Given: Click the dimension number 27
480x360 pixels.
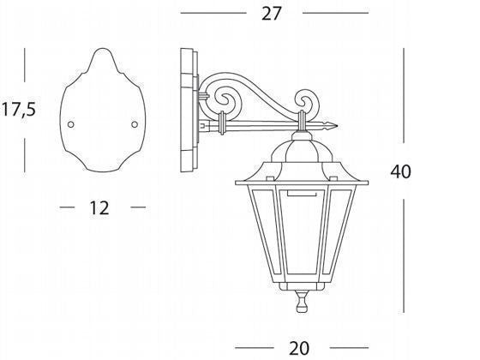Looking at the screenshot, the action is [x=271, y=14].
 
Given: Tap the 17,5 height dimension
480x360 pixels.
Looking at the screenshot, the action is [x=19, y=109].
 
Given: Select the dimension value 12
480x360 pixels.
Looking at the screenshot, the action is [x=99, y=207].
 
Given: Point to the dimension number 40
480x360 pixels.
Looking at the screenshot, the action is [x=401, y=171].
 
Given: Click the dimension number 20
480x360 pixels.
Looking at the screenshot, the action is [x=299, y=348].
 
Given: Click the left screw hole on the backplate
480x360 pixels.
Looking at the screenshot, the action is [x=70, y=124].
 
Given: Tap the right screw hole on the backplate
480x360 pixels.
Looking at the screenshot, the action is [x=135, y=124].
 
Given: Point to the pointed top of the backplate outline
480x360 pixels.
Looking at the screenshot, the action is [x=103, y=48].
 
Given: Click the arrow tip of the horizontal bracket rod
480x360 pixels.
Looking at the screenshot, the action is [x=338, y=125].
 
